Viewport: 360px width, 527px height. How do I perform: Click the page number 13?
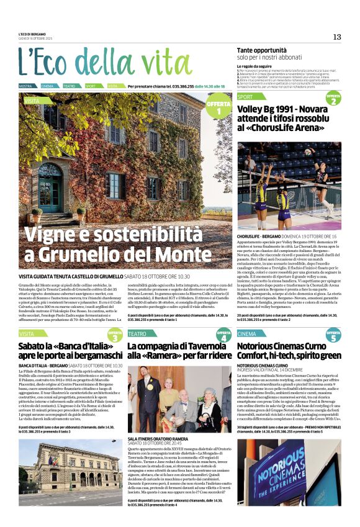(x=337, y=37)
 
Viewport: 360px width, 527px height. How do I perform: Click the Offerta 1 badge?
(x=218, y=107)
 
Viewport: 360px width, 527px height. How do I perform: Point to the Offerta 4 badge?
(x=224, y=336)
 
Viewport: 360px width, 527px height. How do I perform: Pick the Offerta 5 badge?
(x=333, y=336)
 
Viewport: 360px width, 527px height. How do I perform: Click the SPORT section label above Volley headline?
(x=246, y=97)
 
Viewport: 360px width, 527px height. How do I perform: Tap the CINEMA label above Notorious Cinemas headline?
(x=247, y=333)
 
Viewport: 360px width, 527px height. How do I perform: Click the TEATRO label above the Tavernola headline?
(x=137, y=333)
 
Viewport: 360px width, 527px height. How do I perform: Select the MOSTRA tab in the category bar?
(x=25, y=86)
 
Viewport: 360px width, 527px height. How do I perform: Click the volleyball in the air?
(x=307, y=151)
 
